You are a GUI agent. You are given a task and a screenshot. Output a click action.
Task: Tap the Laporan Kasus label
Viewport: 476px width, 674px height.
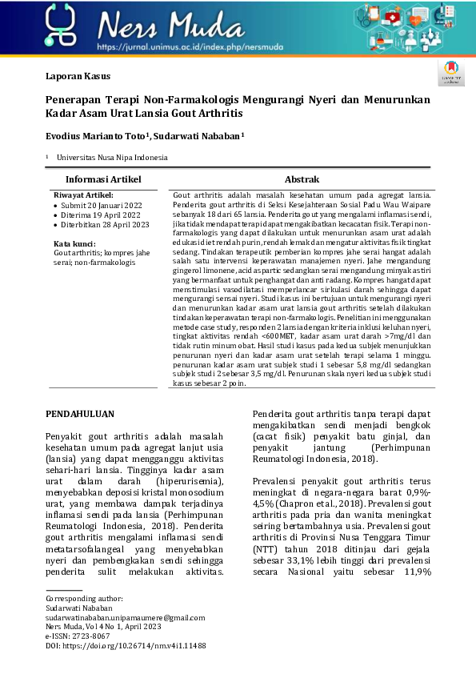(x=78, y=77)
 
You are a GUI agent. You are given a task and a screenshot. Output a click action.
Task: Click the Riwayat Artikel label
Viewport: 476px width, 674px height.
(x=83, y=195)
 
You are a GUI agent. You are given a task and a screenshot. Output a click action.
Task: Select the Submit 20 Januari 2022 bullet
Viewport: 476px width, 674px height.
(x=100, y=205)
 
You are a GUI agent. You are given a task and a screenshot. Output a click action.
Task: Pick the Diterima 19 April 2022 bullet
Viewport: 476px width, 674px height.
(x=101, y=215)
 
